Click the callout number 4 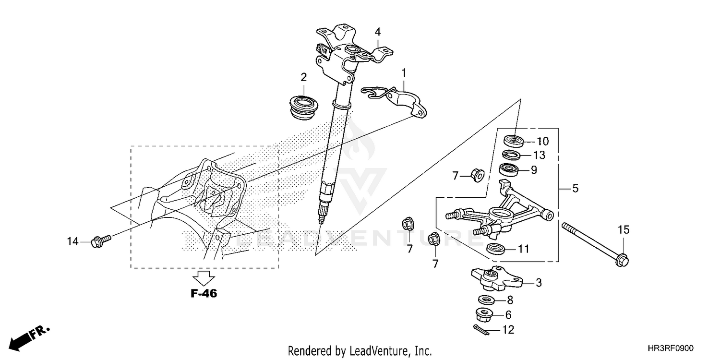378,32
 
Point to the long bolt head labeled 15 623,260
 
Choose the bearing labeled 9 509,169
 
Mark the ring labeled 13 512,155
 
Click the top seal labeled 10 513,141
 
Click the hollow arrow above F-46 204,277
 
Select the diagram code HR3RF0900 671,349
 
